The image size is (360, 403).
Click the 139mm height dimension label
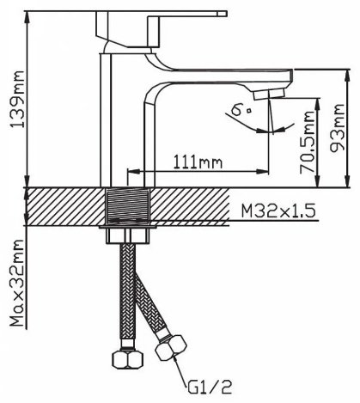18,99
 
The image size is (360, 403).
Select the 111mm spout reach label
198,162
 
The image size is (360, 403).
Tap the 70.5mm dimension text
308,143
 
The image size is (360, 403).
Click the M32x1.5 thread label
278,211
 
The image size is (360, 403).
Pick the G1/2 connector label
210,387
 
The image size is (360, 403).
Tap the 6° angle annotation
242,110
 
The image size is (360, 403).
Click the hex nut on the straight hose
127,358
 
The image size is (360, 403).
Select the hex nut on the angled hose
171,347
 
